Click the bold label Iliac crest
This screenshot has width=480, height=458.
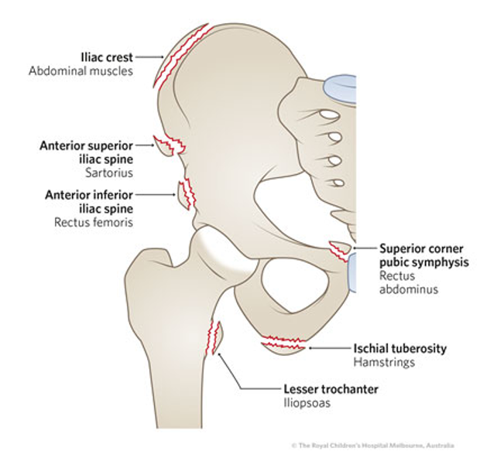(x=108, y=57)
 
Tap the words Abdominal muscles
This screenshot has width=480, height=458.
(x=81, y=71)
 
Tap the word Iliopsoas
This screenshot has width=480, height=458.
(x=298, y=403)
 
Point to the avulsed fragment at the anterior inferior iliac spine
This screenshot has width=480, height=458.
(x=184, y=195)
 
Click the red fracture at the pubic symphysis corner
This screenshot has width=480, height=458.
(x=338, y=250)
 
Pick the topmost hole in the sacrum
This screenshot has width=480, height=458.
(x=328, y=115)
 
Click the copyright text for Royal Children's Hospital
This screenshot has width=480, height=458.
(x=372, y=446)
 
